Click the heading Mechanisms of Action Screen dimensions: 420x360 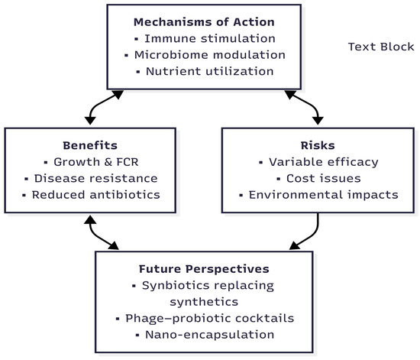click(x=204, y=22)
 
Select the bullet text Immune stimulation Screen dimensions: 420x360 click(x=210, y=38)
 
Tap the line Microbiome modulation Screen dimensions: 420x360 click(x=210, y=55)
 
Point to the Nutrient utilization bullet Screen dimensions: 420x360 click(x=210, y=71)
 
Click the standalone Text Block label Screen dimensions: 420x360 click(x=381, y=47)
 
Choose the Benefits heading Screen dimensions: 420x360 click(x=90, y=145)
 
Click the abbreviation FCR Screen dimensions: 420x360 click(x=128, y=162)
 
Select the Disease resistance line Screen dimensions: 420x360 click(x=96, y=179)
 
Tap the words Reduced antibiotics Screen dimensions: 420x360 click(x=96, y=195)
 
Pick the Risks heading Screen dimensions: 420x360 click(x=318, y=145)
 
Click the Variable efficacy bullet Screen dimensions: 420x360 click(x=324, y=162)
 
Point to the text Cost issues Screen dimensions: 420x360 click(x=324, y=179)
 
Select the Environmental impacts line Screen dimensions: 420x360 click(x=324, y=195)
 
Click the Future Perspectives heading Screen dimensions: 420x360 click(x=204, y=269)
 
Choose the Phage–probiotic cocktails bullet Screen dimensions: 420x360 click(x=210, y=319)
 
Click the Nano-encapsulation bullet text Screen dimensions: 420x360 click(x=210, y=335)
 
